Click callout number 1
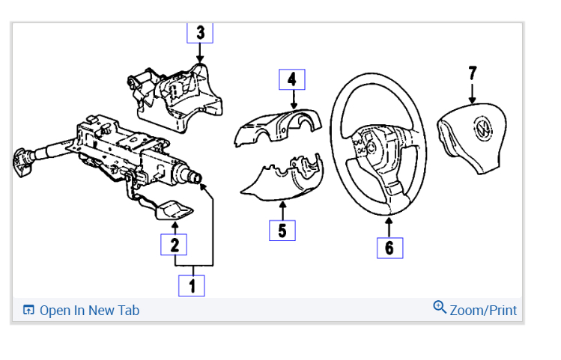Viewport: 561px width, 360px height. tap(191, 285)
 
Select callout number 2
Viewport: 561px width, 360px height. tap(174, 245)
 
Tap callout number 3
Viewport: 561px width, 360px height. tap(200, 33)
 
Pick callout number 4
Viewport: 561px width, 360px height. tap(292, 79)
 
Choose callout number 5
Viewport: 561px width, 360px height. tap(282, 231)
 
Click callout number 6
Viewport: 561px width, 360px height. tap(389, 248)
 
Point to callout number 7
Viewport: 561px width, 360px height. tap(472, 73)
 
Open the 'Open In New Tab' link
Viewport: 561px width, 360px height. tap(89, 310)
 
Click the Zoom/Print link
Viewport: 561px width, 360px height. tap(483, 310)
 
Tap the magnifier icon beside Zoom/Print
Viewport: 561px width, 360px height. tap(440, 307)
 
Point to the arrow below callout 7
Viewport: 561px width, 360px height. tap(472, 94)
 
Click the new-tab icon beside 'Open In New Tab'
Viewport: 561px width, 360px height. tap(29, 310)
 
